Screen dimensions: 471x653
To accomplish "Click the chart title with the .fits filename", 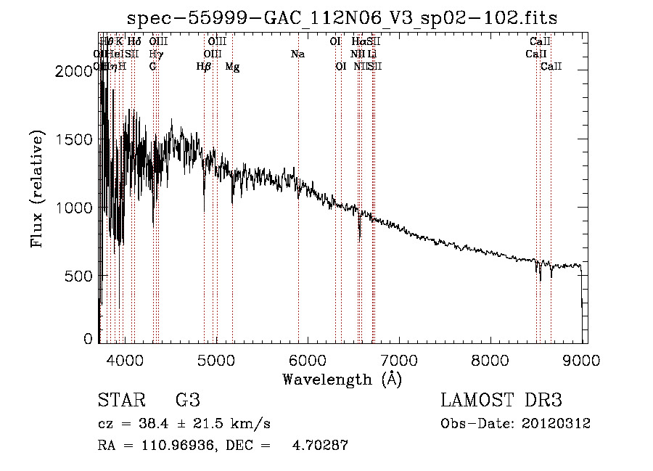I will click(342, 18).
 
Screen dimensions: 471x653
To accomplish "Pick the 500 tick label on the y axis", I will click(83, 276).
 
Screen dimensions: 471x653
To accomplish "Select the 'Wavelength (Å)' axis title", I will click(342, 379).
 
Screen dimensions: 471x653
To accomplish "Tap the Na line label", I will click(297, 54).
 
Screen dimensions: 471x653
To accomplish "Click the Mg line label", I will click(232, 67).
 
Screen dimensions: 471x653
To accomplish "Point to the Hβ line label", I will click(204, 67).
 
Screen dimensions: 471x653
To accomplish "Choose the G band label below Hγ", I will click(152, 67).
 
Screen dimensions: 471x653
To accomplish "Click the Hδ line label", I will click(134, 41).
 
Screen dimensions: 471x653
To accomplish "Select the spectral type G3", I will click(187, 401).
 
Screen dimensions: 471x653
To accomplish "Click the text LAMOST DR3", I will click(501, 401).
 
